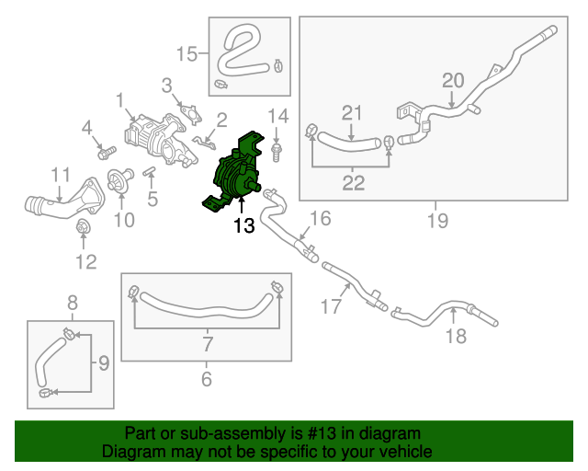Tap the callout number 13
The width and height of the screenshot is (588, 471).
[x=243, y=225]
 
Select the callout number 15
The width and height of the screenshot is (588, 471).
[x=187, y=54]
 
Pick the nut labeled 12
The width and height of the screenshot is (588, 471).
[x=83, y=227]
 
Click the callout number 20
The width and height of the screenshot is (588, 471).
[x=453, y=80]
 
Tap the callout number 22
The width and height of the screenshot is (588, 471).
[x=354, y=182]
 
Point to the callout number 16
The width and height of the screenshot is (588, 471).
[x=319, y=218]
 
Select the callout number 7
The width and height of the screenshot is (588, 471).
[x=207, y=345]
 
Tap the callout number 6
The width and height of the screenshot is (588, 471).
[x=206, y=378]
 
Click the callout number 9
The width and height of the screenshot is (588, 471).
[x=103, y=362]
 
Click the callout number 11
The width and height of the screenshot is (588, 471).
[x=60, y=174]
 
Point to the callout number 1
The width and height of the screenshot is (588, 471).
[x=119, y=99]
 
